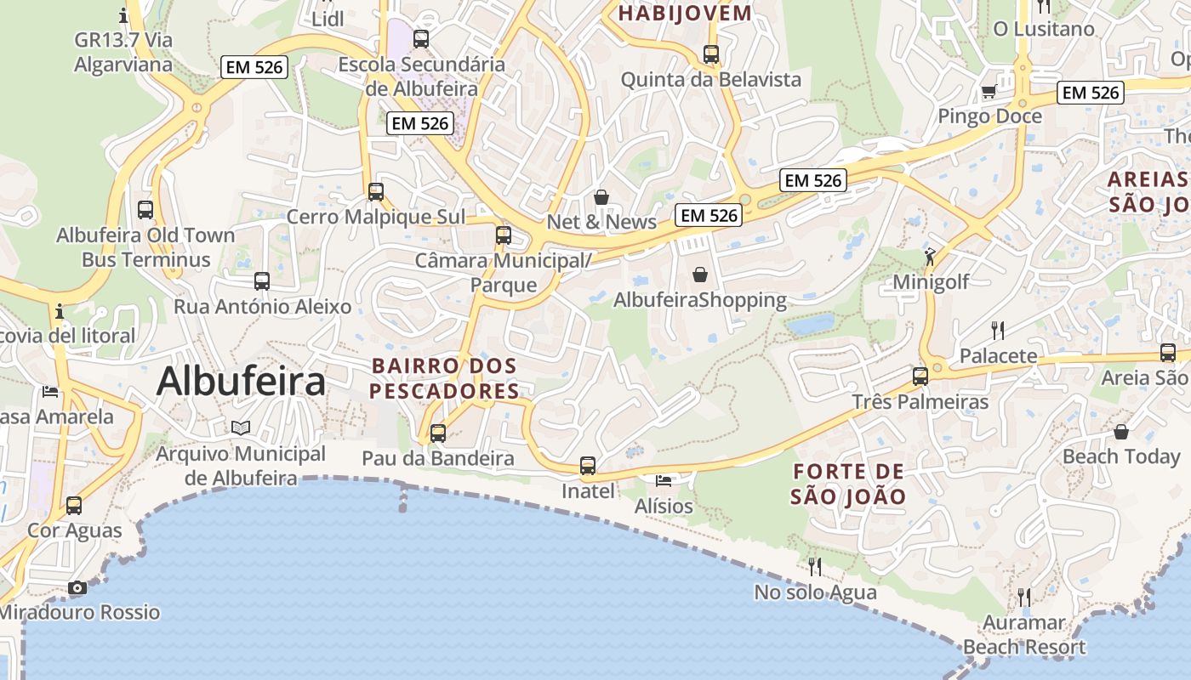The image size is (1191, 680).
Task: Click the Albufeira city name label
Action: click(x=241, y=382)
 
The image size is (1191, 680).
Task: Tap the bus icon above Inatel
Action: click(x=588, y=465)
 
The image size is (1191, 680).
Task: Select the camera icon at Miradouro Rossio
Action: click(x=77, y=587)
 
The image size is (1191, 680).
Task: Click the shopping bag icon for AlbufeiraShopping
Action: click(x=699, y=275)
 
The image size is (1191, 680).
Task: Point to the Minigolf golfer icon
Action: click(x=930, y=256)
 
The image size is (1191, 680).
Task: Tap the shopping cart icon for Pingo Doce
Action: click(x=989, y=91)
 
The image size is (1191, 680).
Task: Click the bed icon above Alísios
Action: click(x=664, y=481)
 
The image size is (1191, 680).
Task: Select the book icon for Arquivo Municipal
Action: click(x=241, y=428)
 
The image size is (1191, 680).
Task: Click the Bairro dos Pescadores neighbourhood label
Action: click(x=444, y=378)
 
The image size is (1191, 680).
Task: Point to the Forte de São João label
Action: click(x=847, y=484)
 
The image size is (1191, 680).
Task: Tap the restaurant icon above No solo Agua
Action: click(x=814, y=566)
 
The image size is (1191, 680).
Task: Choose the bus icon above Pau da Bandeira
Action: click(x=438, y=433)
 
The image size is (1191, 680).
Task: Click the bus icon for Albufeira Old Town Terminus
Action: click(x=145, y=209)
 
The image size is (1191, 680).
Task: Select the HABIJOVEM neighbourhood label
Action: click(x=685, y=13)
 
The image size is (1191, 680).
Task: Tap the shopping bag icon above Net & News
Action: click(x=601, y=197)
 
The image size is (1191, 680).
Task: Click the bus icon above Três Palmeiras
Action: click(x=920, y=376)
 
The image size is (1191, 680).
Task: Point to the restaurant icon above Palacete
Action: click(x=998, y=331)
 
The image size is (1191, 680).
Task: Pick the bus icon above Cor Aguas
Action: click(x=74, y=506)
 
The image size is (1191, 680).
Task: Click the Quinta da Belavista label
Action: click(x=711, y=80)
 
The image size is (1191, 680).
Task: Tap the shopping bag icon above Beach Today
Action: click(x=1121, y=432)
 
